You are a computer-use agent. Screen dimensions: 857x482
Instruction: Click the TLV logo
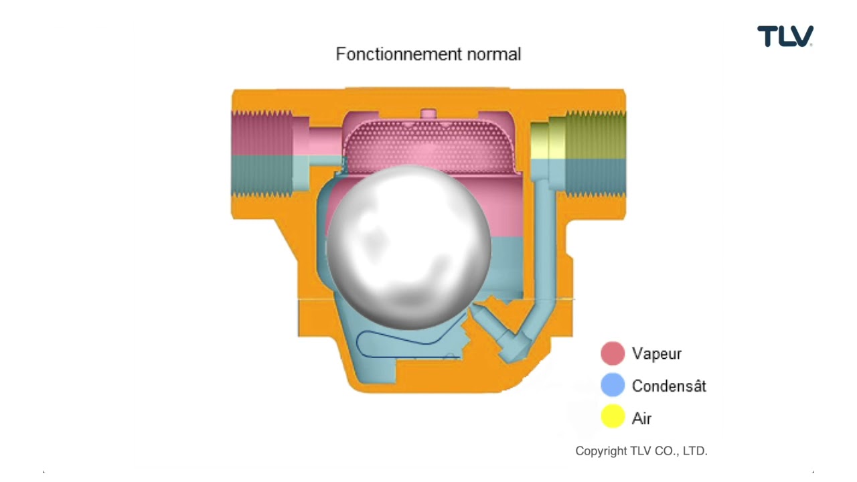tap(785, 36)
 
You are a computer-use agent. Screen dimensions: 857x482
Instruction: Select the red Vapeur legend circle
tap(613, 353)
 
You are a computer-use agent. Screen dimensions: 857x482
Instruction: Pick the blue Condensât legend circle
tap(613, 386)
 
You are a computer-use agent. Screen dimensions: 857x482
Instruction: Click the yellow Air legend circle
tap(613, 418)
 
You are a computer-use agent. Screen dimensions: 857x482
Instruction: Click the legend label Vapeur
tap(656, 353)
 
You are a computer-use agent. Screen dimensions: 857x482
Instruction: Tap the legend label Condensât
tap(668, 386)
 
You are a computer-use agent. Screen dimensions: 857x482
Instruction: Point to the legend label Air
tap(641, 418)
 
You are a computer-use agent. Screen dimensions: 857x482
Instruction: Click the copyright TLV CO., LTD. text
tap(641, 451)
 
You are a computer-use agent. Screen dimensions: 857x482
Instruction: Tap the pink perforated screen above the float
tap(428, 144)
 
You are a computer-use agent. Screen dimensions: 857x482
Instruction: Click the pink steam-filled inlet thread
tap(261, 134)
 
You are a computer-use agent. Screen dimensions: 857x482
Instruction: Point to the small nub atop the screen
tap(428, 114)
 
